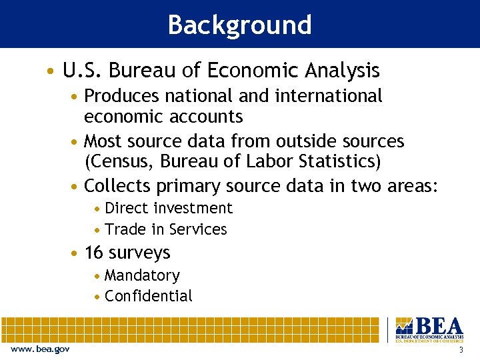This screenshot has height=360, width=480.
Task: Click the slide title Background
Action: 239,25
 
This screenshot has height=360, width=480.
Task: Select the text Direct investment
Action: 169,208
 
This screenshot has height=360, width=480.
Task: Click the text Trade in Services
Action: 166,229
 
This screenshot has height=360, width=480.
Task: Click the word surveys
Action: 139,253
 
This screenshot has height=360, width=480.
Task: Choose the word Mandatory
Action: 142,275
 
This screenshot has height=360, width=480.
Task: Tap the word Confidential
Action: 148,296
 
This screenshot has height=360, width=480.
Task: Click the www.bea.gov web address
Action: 40,349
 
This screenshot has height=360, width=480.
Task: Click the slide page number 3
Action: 461,350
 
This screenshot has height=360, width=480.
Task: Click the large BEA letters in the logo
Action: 438,326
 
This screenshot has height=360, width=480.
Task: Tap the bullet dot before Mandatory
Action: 98,276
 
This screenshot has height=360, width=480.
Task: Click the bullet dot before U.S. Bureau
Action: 51,71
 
